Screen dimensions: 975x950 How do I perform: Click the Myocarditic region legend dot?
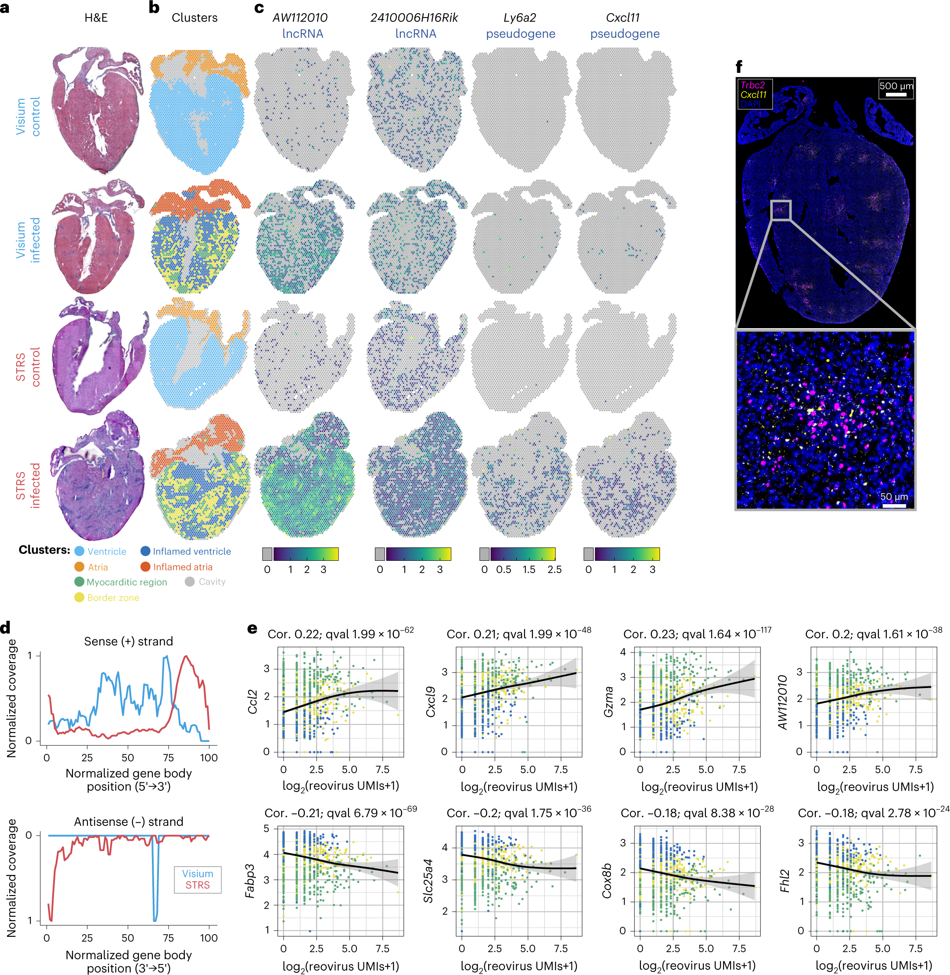tap(79, 581)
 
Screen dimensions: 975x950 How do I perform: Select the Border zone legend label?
tap(113, 598)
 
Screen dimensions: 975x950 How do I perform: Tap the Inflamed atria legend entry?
tap(182, 567)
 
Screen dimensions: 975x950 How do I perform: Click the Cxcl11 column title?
tap(622, 18)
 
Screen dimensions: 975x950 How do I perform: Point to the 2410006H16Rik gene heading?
tap(414, 18)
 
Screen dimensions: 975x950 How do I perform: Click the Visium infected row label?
tap(28, 240)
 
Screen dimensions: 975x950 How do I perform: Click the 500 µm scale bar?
tap(896, 94)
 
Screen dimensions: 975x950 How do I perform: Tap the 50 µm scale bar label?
tap(894, 496)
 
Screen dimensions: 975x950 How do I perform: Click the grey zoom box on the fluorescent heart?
tap(781, 210)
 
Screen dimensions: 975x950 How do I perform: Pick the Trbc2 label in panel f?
tap(752, 85)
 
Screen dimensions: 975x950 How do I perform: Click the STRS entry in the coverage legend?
tap(198, 885)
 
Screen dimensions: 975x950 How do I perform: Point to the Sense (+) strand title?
tap(128, 642)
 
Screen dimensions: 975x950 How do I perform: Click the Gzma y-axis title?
tap(608, 702)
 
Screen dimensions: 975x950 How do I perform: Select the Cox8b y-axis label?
tap(607, 881)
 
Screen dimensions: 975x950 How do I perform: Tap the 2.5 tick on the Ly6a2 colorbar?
tap(554, 570)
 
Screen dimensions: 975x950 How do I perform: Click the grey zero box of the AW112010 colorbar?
tap(267, 554)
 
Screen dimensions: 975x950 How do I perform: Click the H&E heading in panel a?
tap(96, 18)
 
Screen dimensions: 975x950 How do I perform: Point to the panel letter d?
tap(6, 628)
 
